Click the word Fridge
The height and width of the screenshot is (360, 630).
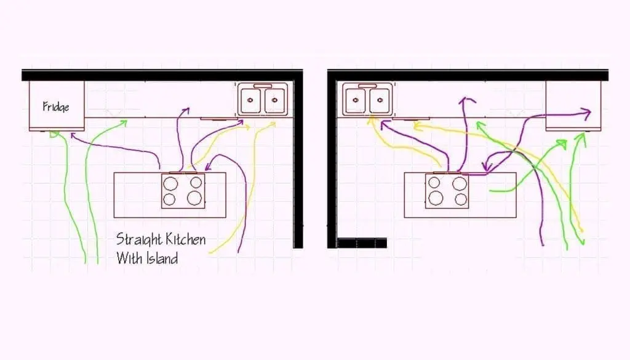point(56,106)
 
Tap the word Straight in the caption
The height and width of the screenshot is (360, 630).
point(138,239)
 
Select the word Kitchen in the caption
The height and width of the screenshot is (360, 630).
point(185,239)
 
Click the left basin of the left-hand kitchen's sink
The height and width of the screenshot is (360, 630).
point(250,100)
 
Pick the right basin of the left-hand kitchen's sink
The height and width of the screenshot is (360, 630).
point(274,100)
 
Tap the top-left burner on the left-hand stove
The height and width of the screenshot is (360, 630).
point(170,183)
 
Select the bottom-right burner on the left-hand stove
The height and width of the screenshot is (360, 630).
point(194,198)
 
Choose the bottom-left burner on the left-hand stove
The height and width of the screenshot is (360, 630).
point(170,199)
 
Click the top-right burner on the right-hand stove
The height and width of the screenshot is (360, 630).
point(460,183)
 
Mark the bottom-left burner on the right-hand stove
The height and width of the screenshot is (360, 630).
point(436,198)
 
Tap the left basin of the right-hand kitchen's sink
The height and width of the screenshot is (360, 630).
point(356,100)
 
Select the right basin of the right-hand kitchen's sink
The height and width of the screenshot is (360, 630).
point(380,100)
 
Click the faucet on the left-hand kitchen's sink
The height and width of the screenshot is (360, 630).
point(262,86)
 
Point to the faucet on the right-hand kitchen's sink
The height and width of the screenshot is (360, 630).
point(368,86)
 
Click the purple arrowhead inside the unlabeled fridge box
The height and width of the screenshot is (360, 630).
point(586,114)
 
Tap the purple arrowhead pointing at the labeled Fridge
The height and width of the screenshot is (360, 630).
point(74,136)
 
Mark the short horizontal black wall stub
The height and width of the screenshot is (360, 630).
point(362,242)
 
